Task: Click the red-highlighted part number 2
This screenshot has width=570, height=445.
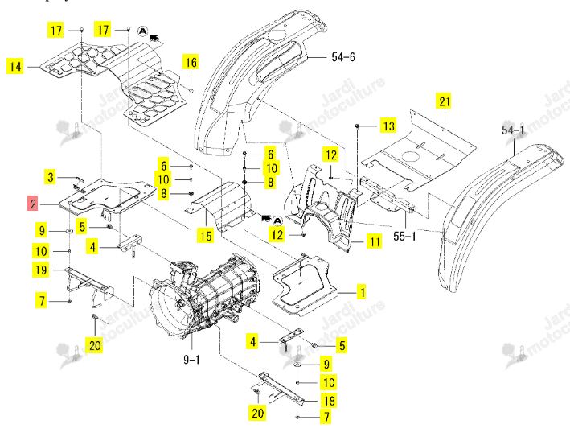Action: tap(33, 203)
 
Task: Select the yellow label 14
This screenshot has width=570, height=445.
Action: tap(15, 67)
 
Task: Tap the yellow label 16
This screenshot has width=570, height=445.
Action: tap(191, 62)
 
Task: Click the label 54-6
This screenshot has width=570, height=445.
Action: tap(343, 57)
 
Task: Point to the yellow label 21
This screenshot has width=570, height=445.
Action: tap(445, 101)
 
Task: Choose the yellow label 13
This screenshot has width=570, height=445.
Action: tap(388, 126)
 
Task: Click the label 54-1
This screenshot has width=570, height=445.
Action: tap(513, 130)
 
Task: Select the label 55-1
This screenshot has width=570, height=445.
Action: tap(404, 236)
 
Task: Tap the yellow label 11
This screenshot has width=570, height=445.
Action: tap(375, 242)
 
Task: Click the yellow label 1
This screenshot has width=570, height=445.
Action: tap(362, 292)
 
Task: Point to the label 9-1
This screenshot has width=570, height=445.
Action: tap(191, 360)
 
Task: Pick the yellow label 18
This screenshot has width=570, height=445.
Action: tap(329, 400)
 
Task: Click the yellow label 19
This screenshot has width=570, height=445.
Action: tap(41, 270)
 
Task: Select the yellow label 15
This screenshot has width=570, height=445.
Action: tap(205, 236)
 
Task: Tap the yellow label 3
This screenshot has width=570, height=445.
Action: tap(50, 177)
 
